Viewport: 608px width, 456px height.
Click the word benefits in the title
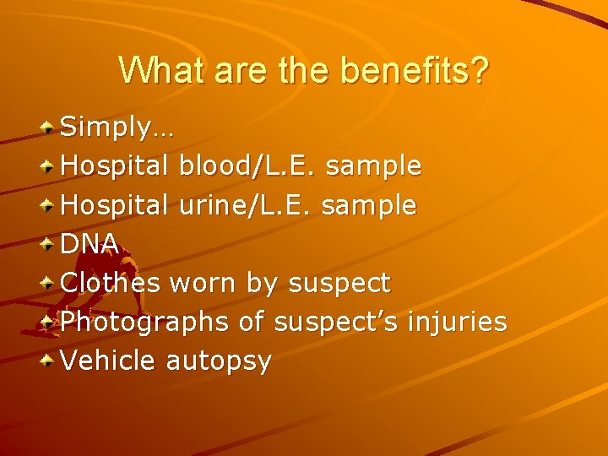click(x=414, y=71)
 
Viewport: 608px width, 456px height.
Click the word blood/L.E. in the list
click(x=248, y=166)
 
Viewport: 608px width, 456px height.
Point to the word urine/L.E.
click(x=246, y=204)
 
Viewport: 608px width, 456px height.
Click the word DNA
click(x=90, y=243)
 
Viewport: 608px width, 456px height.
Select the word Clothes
click(x=111, y=282)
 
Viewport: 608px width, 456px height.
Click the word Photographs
click(x=145, y=322)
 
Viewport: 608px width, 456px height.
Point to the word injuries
click(x=457, y=322)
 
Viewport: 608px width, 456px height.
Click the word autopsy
click(x=219, y=361)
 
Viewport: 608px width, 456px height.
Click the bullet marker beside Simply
click(x=50, y=128)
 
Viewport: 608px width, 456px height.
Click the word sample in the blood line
click(x=373, y=166)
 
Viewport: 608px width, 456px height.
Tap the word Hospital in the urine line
click(x=117, y=204)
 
